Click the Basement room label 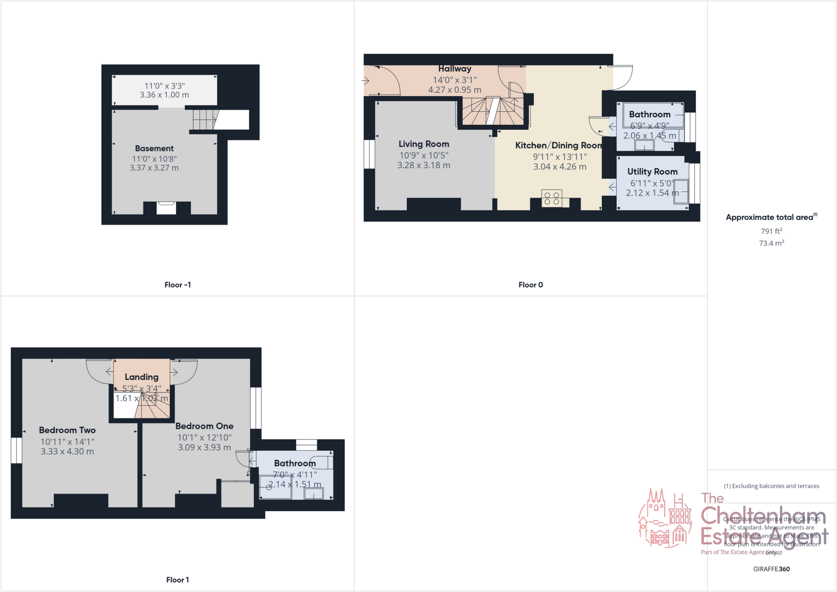coord(154,148)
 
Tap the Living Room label coord(424,144)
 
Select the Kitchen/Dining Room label coord(558,145)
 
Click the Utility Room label coord(652,172)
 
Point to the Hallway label coord(455,69)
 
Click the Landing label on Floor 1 coord(141,377)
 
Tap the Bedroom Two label coord(67,430)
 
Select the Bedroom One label coord(204,426)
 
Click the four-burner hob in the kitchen coord(552,199)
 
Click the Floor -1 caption coord(177,285)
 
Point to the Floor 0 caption coord(530,285)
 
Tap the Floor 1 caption coord(177,580)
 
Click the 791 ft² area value coord(771,231)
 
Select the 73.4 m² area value coord(771,243)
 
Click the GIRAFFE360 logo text coord(771,569)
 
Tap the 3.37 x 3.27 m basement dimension coord(154,168)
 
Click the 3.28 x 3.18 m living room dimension coord(424,165)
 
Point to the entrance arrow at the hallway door coord(365,80)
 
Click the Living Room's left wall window coord(369,154)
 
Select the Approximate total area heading coord(771,217)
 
